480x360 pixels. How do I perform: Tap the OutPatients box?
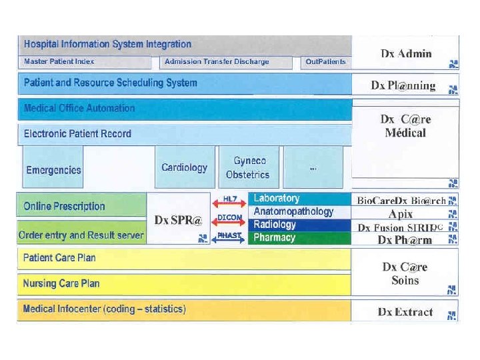click(x=325, y=62)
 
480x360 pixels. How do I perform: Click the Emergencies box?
click(x=53, y=169)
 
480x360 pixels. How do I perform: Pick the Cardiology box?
click(x=184, y=167)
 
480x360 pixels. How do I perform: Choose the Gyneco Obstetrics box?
click(x=247, y=167)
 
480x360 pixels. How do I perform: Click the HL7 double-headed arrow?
click(x=230, y=199)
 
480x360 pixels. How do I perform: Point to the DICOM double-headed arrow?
click(x=230, y=218)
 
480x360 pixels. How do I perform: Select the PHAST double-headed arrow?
click(x=230, y=236)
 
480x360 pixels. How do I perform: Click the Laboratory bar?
click(x=299, y=199)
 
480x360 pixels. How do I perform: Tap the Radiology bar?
click(x=299, y=225)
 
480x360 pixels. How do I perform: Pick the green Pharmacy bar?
click(x=299, y=237)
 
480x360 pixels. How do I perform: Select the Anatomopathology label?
click(x=293, y=211)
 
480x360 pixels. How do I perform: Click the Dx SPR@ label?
click(x=177, y=220)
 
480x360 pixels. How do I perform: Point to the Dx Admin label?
click(x=406, y=54)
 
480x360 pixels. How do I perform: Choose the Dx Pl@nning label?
click(x=403, y=85)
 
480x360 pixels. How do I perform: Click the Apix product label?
click(x=401, y=214)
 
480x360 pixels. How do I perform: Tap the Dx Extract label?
click(x=405, y=311)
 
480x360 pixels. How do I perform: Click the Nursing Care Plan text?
click(x=61, y=283)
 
